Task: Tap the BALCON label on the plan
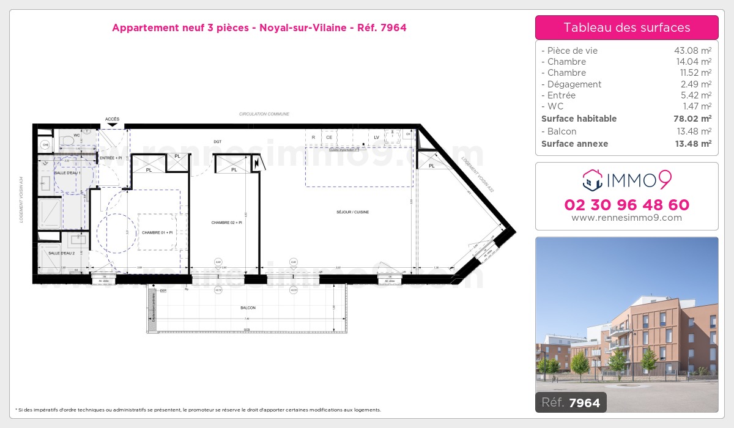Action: point(248,308)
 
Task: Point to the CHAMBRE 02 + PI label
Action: point(227,223)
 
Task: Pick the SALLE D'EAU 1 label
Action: point(67,173)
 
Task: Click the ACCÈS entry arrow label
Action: point(112,119)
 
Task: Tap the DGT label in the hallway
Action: point(218,142)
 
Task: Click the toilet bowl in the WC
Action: point(69,141)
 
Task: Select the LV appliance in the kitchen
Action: point(377,137)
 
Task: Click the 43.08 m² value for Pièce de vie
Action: point(692,51)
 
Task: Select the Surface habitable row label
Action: point(579,119)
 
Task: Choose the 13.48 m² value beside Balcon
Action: point(692,131)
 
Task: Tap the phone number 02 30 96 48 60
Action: point(626,205)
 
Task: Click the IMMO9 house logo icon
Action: point(591,180)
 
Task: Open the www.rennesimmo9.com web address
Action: point(626,218)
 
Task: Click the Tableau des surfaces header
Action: point(626,28)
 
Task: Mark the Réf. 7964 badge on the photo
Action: point(571,402)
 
